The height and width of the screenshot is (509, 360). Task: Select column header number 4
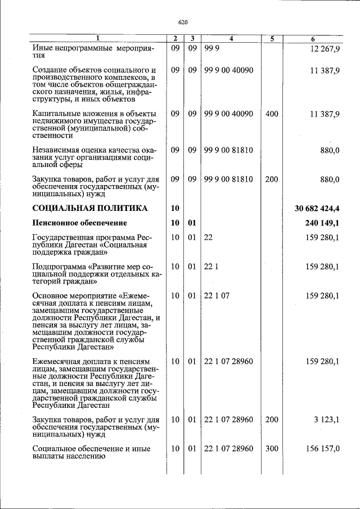(231, 39)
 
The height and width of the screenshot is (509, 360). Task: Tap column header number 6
(313, 39)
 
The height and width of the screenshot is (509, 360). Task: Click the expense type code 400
(272, 114)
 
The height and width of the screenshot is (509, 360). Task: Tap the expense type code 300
(272, 448)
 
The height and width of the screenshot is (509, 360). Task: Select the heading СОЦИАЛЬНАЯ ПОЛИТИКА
(90, 208)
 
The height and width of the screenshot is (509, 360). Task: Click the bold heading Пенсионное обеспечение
(83, 223)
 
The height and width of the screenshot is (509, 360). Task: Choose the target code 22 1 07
(217, 295)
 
